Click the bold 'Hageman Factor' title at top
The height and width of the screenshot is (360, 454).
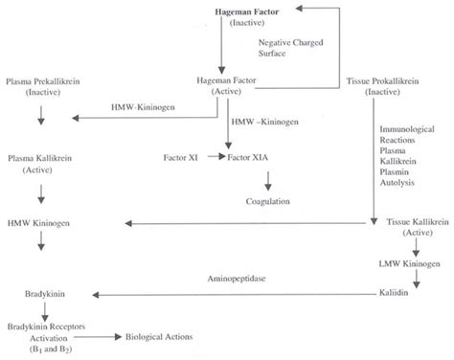[223, 10]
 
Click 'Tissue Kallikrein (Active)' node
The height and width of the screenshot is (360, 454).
[418, 228]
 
